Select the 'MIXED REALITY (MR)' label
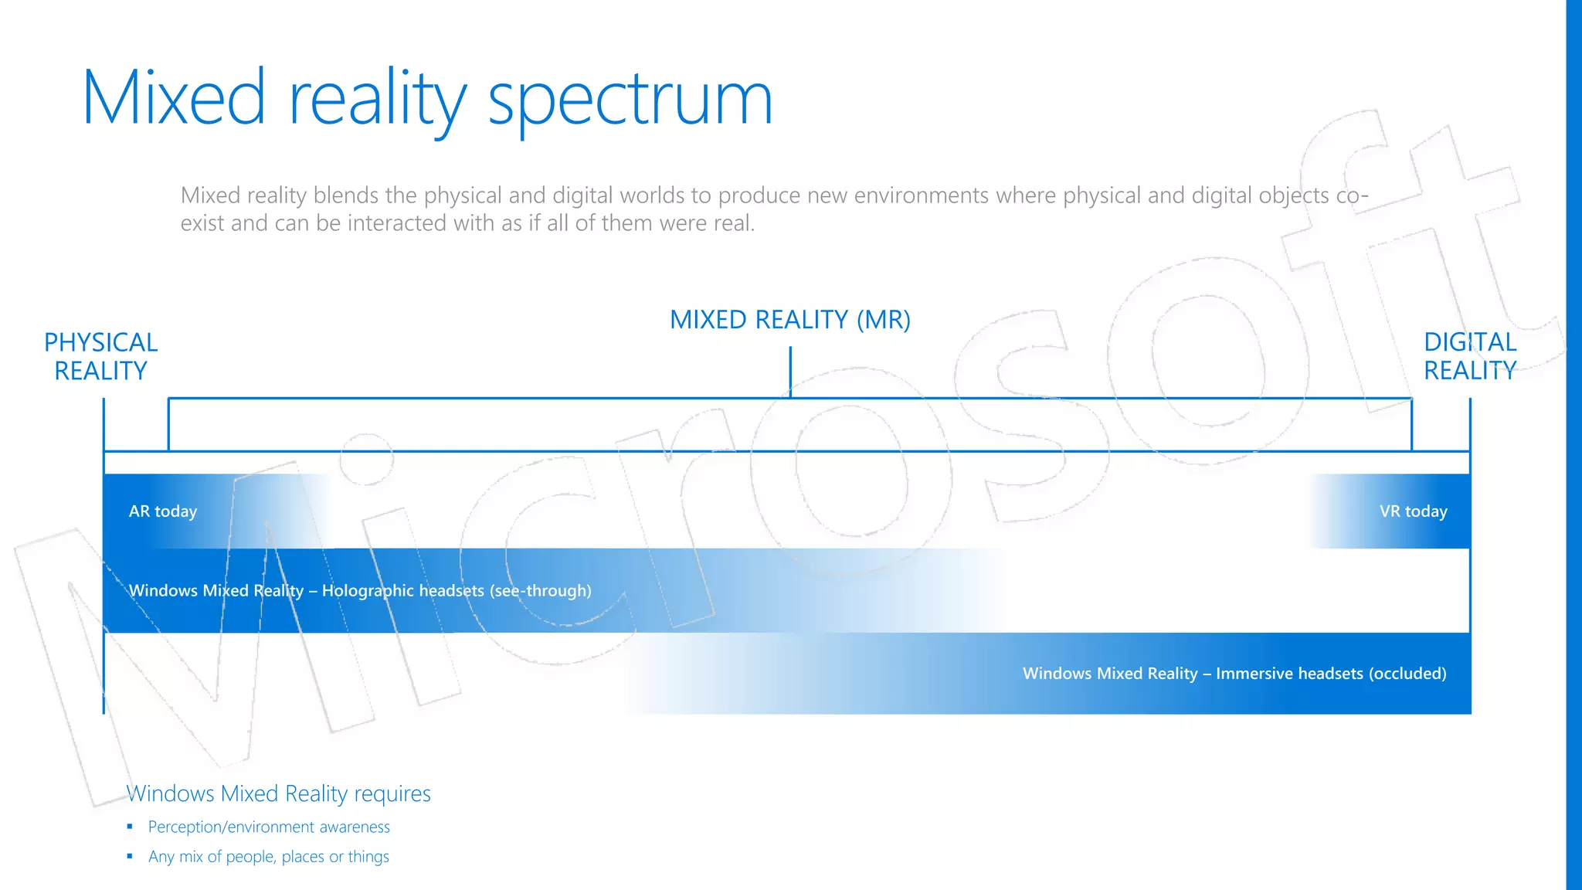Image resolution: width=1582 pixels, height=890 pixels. click(x=789, y=320)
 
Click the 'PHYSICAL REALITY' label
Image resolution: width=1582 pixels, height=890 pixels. click(x=100, y=356)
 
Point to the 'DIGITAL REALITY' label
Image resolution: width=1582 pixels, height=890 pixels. click(x=1469, y=356)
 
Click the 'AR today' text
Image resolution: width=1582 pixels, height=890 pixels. click(x=163, y=511)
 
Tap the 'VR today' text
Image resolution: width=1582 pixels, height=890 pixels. click(x=1413, y=511)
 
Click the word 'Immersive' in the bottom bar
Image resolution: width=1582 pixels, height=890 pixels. click(x=1251, y=674)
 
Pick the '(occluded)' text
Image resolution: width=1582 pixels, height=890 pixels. click(x=1407, y=674)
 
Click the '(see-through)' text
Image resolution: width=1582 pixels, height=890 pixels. click(x=540, y=591)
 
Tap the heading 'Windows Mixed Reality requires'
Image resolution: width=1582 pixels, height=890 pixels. click(x=278, y=793)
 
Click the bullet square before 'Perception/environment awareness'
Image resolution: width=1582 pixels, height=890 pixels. click(x=130, y=827)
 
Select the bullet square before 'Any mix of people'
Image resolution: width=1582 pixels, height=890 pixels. click(x=130, y=856)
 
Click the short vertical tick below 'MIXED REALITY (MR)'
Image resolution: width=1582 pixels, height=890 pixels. click(x=790, y=372)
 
